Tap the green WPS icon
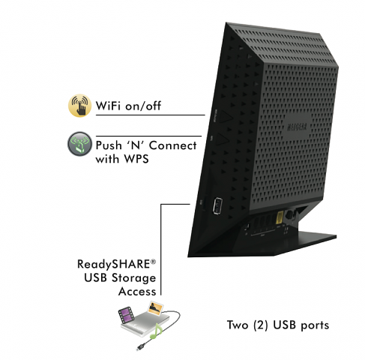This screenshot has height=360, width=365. [77, 144]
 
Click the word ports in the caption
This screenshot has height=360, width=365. [313, 326]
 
